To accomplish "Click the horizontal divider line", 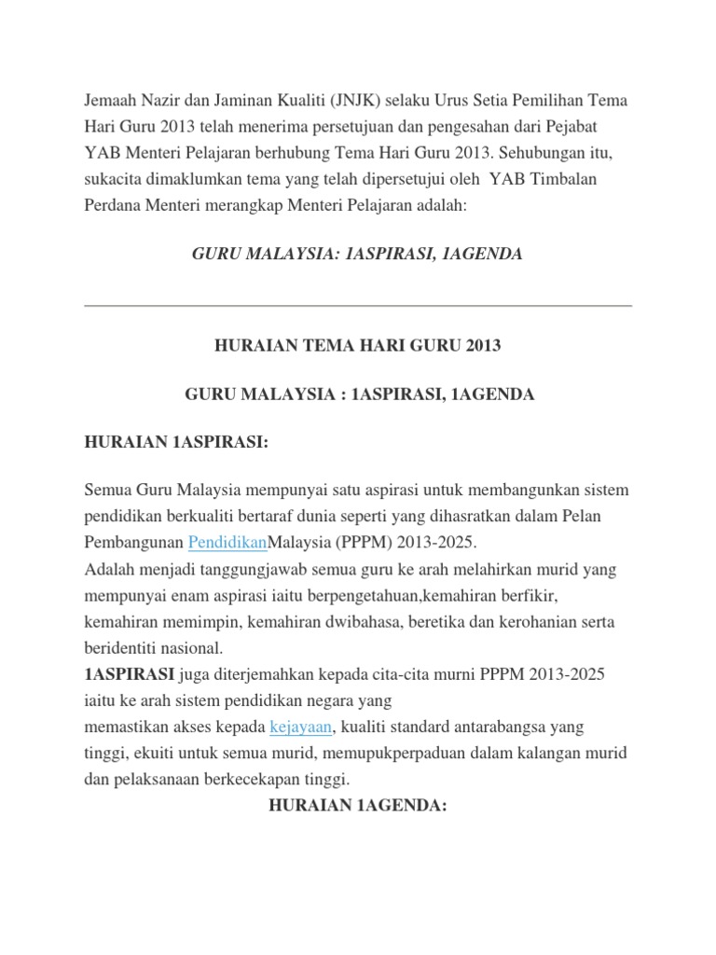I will coord(358,305).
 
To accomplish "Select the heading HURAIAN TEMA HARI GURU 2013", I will coord(358,345).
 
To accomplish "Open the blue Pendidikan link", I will coord(227,542).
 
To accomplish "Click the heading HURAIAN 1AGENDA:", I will coord(358,805).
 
